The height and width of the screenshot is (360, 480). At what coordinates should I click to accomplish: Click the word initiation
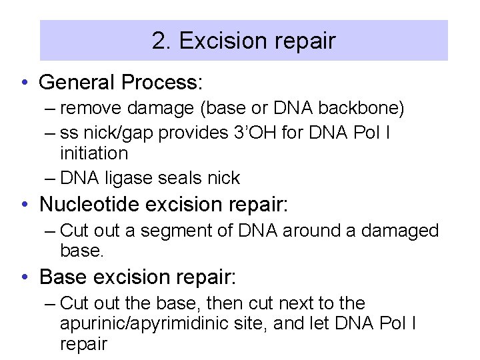(x=93, y=153)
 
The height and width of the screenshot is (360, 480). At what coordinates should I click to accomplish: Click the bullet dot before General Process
(x=24, y=83)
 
